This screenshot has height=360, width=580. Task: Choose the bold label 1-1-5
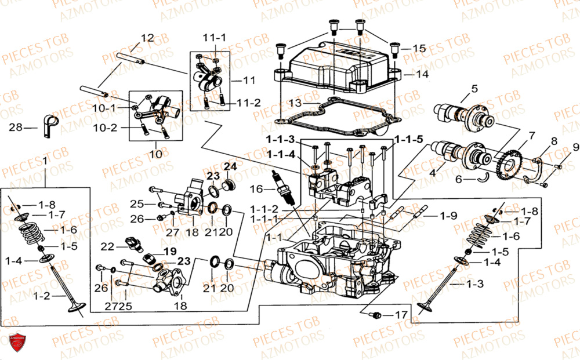pos(409,140)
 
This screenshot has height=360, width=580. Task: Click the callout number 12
pos(147,38)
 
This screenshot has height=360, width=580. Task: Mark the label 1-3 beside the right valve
pos(474,284)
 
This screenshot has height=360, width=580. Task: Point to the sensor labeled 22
pos(133,243)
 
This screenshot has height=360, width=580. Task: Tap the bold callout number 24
pos(230,166)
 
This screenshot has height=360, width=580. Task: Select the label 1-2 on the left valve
pos(41,296)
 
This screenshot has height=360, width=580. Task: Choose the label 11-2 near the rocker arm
pos(248,103)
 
